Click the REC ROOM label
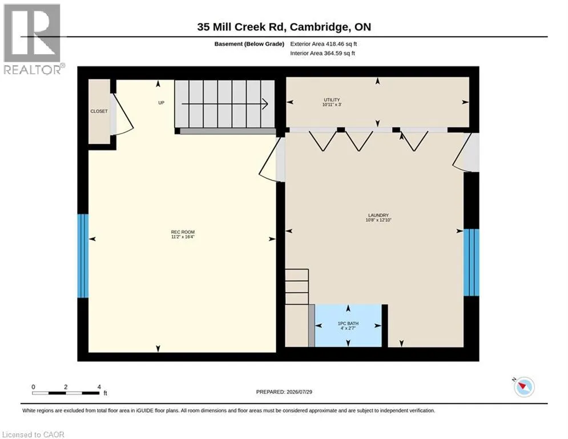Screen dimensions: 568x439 [x=183, y=232]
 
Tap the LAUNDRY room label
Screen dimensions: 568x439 [x=378, y=215]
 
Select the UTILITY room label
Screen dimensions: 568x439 [x=332, y=100]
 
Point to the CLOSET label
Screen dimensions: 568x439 [x=99, y=111]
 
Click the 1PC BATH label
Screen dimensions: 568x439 [x=348, y=324]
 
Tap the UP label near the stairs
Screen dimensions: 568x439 [x=161, y=103]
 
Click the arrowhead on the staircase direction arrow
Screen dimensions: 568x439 [x=265, y=104]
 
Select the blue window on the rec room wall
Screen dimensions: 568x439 [x=83, y=256]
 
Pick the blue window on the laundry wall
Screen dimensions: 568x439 [x=472, y=262]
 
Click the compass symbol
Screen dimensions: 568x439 [x=524, y=387]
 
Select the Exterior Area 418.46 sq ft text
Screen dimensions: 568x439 [x=324, y=44]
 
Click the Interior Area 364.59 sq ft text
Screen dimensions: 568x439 [x=323, y=53]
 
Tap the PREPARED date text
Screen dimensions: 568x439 [x=284, y=392]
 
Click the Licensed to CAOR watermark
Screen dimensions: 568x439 [x=33, y=434]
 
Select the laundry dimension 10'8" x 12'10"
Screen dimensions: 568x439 [x=378, y=220]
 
